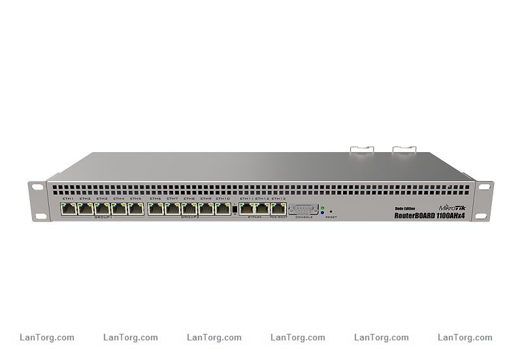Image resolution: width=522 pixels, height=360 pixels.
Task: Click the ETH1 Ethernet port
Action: coord(69,209)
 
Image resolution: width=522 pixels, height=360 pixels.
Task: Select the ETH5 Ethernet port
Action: coord(136,209)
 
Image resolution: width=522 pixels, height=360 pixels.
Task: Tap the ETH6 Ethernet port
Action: coord(155,209)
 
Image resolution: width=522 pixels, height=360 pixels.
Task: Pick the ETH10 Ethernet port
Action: coord(223,209)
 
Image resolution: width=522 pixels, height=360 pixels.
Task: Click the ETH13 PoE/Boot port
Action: coord(279,209)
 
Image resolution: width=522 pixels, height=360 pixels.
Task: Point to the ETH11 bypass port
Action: coord(246,209)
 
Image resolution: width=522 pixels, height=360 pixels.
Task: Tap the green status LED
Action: coord(323,208)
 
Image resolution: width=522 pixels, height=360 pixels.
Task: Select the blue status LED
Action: coord(323,213)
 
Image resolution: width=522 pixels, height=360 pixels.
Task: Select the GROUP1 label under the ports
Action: coord(103,218)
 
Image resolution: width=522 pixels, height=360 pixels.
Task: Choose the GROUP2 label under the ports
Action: coord(189,218)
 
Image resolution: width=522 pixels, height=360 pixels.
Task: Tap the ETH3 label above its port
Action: coord(102,199)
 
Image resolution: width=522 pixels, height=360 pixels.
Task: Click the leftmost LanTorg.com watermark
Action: coord(47,338)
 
